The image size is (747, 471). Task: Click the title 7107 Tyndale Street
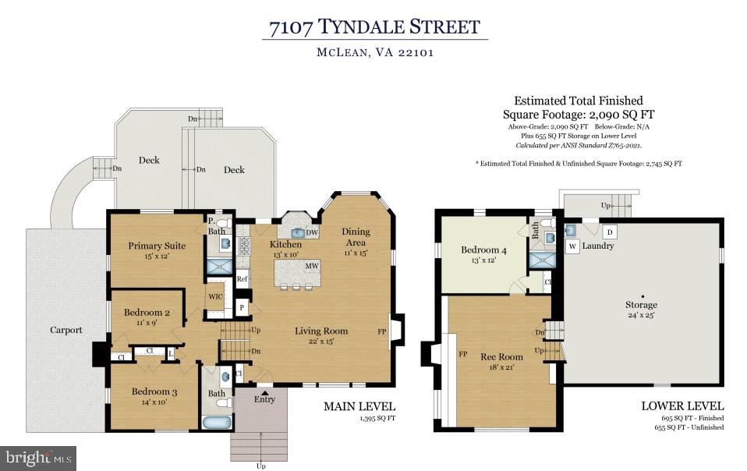coord(374,28)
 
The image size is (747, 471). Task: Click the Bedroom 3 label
coord(154,391)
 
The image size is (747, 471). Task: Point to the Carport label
coord(66,330)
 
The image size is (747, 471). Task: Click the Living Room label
coord(321,331)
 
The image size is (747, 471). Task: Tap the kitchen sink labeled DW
coord(300,232)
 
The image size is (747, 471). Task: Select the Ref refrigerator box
coord(242,278)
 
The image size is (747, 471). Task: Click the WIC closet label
coord(215,297)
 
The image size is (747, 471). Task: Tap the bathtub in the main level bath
coord(217,423)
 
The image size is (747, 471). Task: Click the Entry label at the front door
coord(264,399)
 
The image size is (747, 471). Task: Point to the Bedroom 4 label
coord(484,250)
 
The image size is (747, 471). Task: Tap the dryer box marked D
coord(610,232)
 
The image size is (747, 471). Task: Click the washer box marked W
coord(572,246)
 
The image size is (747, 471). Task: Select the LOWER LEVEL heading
coord(682,406)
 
